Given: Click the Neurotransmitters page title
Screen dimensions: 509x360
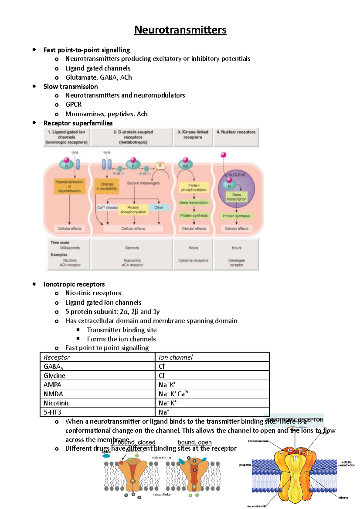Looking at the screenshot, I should pos(180,30).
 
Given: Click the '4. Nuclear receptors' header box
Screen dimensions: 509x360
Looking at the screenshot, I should pos(236,137).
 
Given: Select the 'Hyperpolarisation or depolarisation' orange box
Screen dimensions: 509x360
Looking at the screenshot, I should pos(69,186).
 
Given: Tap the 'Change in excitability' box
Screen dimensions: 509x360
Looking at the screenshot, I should pos(107,186).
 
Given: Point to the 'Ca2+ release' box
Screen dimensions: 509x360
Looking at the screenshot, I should pos(107,207).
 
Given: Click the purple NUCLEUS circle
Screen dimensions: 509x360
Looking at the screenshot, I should pos(237,187).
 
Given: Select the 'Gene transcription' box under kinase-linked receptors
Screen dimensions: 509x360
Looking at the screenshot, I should pos(194,203).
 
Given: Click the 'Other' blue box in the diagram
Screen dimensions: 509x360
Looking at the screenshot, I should pos(159,207).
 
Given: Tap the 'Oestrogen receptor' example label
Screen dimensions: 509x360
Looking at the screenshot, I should pos(236,263).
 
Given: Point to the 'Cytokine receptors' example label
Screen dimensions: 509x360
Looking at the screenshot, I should pos(193,260).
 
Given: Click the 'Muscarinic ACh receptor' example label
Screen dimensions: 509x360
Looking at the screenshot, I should pos(132,263).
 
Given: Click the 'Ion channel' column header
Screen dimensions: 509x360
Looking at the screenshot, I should pos(175,357).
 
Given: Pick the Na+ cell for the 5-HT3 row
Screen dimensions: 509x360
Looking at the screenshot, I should pos(164,412).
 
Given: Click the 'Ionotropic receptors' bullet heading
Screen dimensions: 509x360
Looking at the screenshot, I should pos(74,284).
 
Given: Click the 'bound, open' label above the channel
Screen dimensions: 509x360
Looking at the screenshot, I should pos(194,442).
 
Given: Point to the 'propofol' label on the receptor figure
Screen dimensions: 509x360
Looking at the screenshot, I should pos(245,465).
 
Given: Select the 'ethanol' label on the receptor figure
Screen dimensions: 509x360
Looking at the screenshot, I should pos(343,498).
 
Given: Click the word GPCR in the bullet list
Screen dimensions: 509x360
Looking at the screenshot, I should pos(73,105).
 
